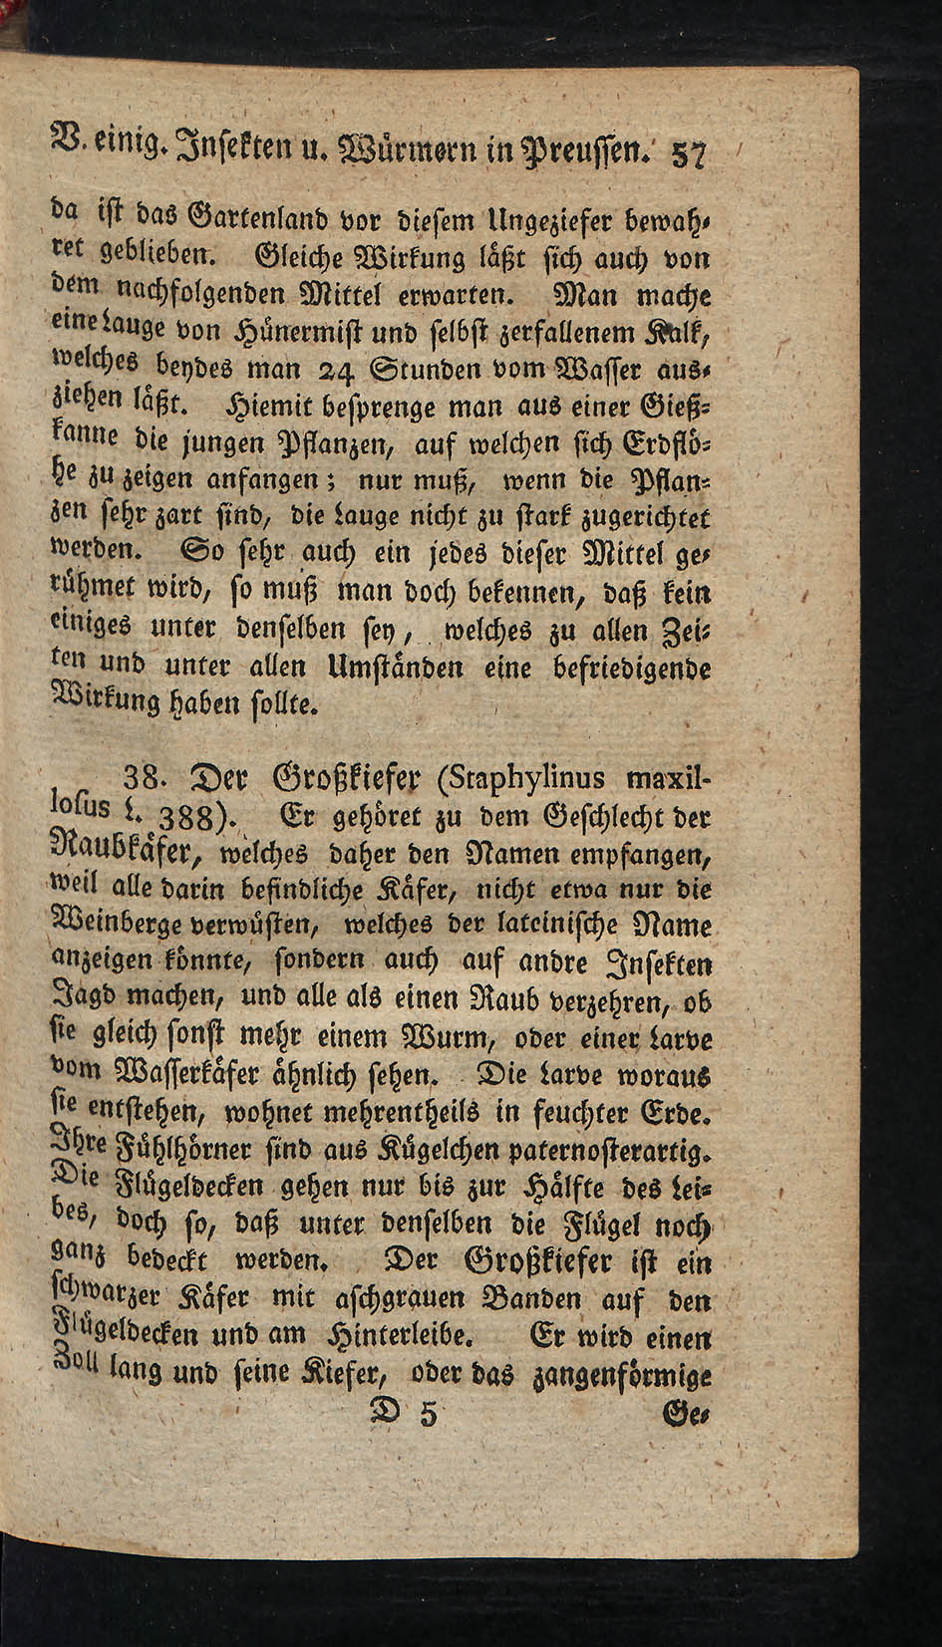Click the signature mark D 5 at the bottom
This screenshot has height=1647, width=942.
click(x=404, y=1413)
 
